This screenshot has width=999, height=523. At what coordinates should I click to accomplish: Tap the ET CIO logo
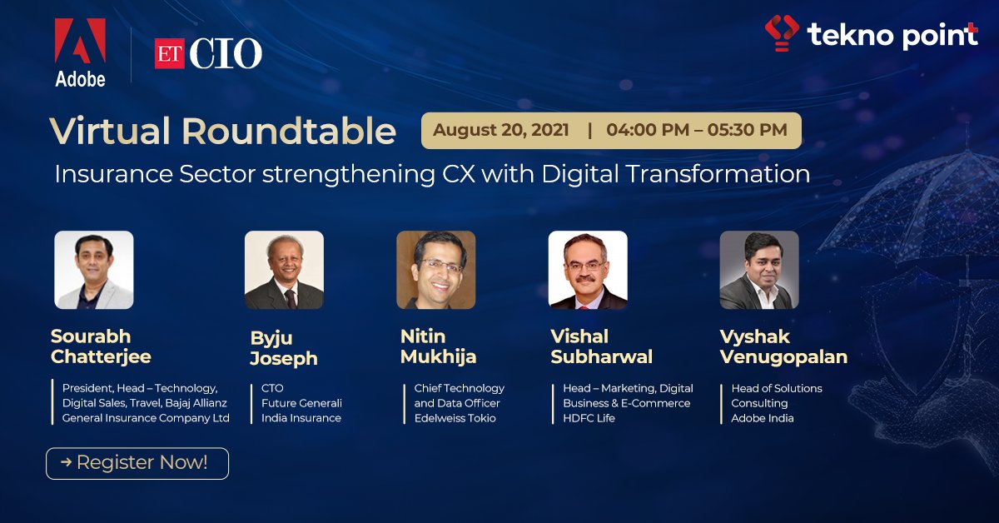(208, 54)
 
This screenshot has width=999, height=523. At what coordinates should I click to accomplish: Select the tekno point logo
(871, 34)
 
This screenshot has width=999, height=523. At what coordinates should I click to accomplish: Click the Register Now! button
(137, 462)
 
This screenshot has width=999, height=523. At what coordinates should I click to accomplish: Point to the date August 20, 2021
(501, 130)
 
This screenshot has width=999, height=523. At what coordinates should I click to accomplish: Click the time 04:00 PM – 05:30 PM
(696, 130)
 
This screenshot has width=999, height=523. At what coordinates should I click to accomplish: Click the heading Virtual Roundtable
(222, 132)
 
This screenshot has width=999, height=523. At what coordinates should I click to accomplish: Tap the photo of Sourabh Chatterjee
(94, 270)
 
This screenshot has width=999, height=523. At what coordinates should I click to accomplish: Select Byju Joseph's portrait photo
(284, 270)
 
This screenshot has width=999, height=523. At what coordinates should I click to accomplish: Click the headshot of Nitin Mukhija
(435, 270)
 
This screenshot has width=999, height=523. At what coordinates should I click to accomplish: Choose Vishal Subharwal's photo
(587, 270)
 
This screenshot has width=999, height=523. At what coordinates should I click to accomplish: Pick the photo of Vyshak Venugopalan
(758, 270)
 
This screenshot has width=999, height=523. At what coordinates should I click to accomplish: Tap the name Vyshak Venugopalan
(783, 346)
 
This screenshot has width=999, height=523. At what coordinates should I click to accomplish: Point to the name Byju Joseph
(284, 348)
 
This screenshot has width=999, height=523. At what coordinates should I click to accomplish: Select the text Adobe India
(763, 418)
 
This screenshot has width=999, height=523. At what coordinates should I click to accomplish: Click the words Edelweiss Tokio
(455, 418)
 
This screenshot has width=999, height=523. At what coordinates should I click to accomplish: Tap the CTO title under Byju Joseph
(272, 388)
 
